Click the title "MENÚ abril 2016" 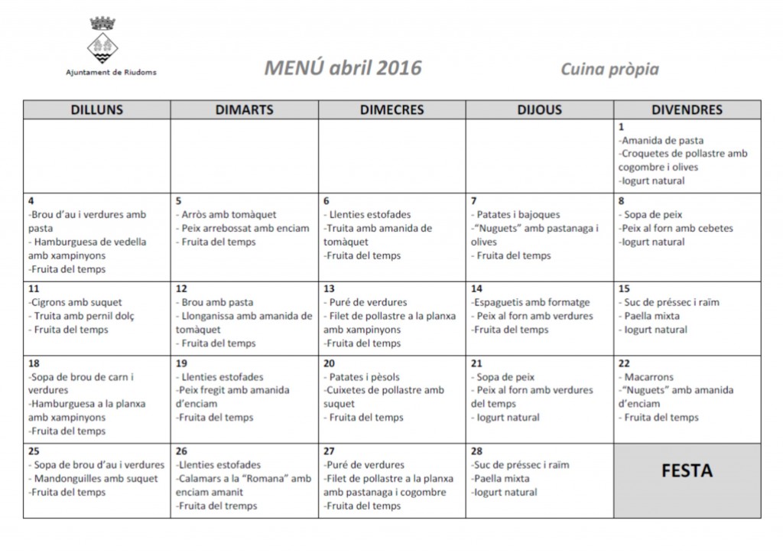[343, 68]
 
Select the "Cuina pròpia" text [609, 70]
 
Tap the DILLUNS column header [96, 109]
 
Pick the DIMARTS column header [245, 109]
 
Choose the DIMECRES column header [391, 109]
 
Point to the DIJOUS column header [539, 109]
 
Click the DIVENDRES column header [687, 109]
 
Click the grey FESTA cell [687, 470]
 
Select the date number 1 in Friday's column [621, 126]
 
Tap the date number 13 [330, 288]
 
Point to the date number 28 [478, 451]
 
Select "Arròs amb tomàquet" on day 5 [228, 215]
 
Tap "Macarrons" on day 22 [651, 377]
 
